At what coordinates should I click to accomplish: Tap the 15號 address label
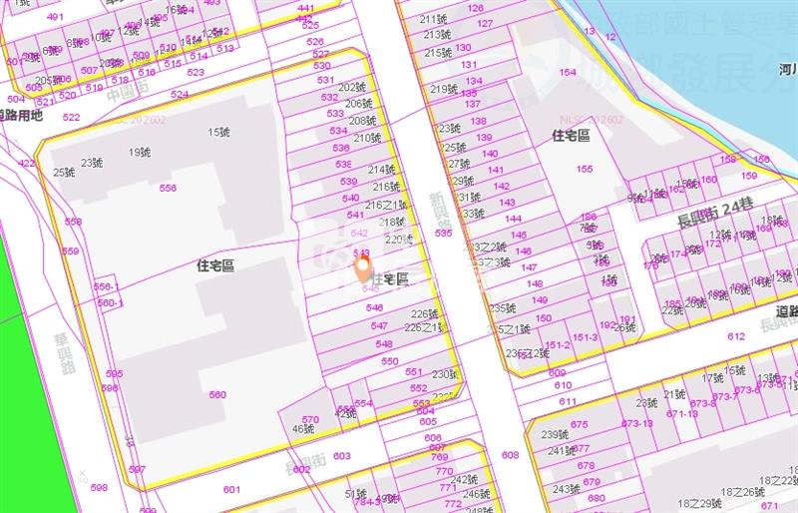(218, 133)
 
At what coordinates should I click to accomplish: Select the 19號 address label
(140, 153)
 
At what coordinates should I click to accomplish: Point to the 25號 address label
(64, 173)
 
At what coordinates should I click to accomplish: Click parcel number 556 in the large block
(168, 188)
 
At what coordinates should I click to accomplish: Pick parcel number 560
(217, 395)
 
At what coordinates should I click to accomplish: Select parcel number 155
(584, 169)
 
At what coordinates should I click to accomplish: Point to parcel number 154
(568, 73)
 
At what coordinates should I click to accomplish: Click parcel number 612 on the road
(736, 337)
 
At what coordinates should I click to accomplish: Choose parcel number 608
(510, 455)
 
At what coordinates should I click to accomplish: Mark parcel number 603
(342, 456)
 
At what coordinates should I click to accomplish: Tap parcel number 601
(231, 489)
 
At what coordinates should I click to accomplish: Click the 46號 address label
(303, 429)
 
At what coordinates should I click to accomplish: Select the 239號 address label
(554, 434)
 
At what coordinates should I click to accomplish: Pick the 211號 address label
(433, 19)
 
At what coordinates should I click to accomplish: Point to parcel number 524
(179, 95)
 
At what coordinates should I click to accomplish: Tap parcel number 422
(26, 163)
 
